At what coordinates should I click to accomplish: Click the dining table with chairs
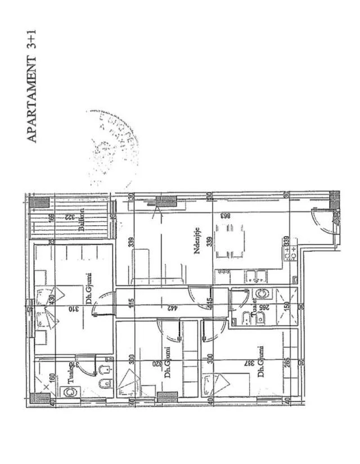tap(230, 238)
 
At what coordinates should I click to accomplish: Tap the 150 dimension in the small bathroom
tap(287, 308)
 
